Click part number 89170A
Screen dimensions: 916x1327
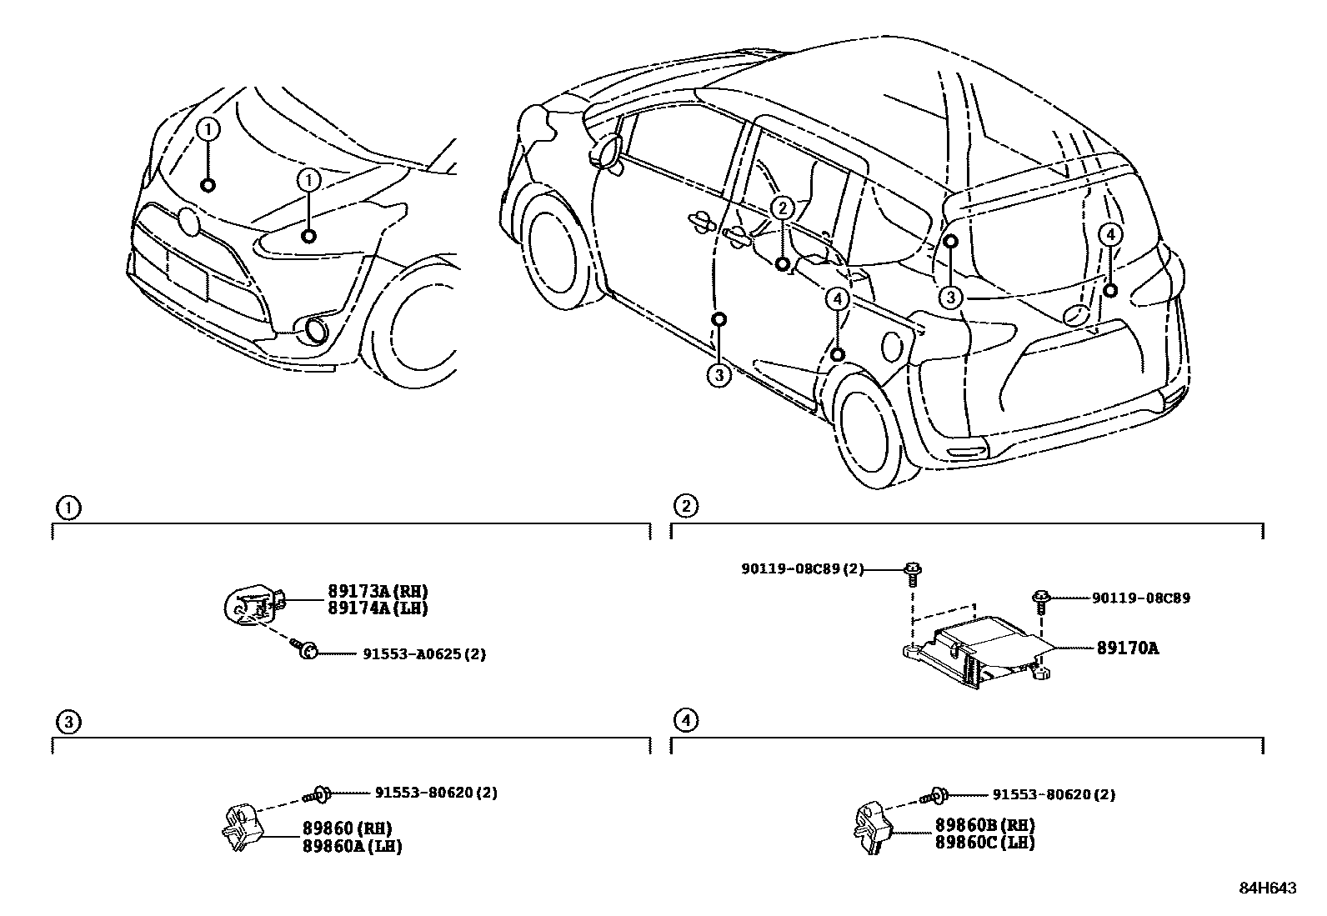1115,648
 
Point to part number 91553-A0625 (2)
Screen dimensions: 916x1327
423,654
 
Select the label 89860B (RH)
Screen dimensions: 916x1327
984,825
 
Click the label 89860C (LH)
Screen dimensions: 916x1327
984,842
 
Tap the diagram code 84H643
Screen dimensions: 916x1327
1266,888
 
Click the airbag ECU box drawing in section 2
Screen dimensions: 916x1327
975,650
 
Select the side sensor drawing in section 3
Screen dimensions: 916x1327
243,827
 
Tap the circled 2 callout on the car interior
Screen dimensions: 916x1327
781,208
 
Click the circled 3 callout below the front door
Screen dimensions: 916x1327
719,376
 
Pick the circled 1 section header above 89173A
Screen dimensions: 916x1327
67,507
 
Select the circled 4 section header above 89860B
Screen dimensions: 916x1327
684,720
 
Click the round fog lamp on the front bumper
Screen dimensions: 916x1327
317,330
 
